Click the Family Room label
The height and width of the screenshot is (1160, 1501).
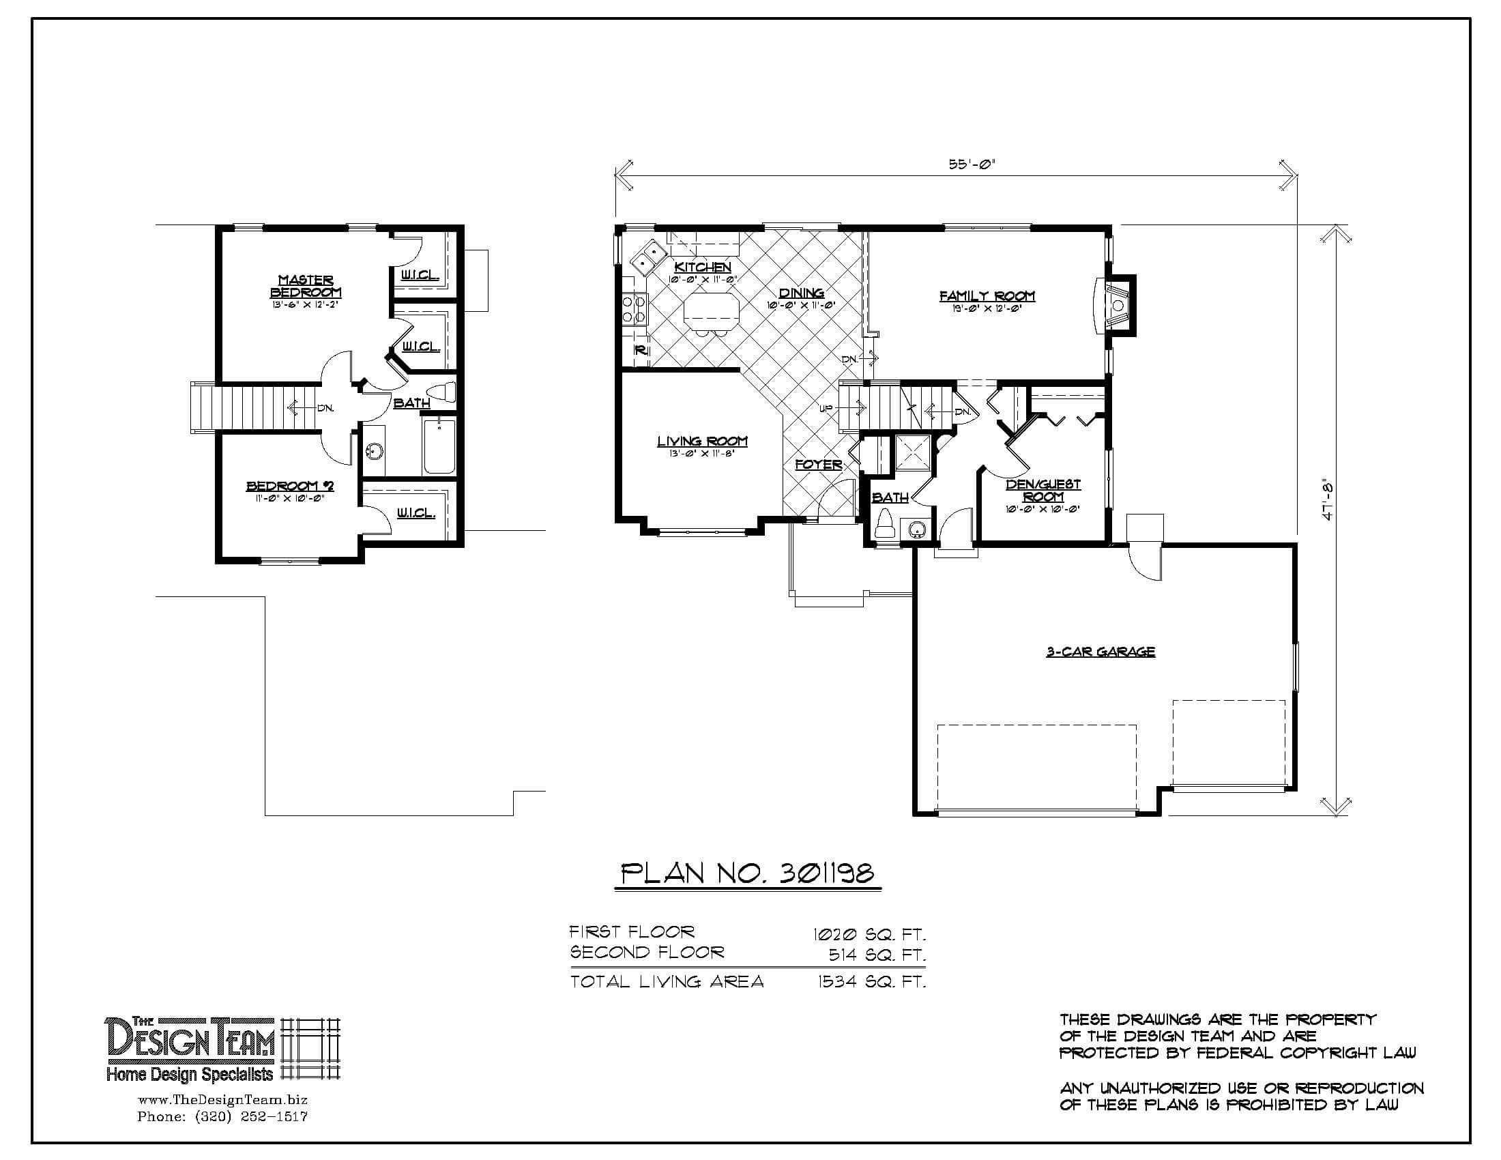(x=987, y=296)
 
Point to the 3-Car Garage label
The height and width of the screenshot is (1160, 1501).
(x=1101, y=652)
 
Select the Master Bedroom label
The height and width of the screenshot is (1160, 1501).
(x=306, y=286)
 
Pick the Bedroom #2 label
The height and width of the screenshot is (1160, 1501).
(x=290, y=487)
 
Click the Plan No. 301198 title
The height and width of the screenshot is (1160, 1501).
(x=747, y=873)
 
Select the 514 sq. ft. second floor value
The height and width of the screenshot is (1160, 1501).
(x=877, y=955)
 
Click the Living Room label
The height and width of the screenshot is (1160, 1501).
(x=701, y=442)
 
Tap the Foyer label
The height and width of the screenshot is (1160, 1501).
(x=818, y=465)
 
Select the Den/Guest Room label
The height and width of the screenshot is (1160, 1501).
(x=1043, y=490)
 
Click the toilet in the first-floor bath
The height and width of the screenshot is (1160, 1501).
(x=884, y=525)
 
